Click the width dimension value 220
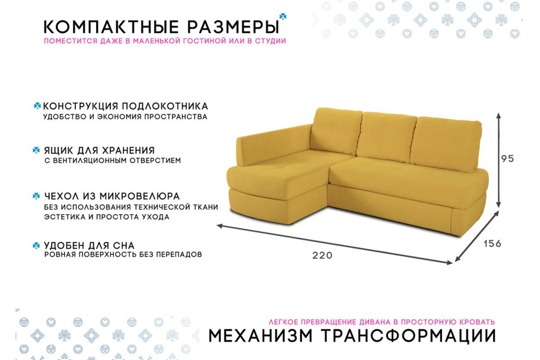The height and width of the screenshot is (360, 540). click(x=323, y=256)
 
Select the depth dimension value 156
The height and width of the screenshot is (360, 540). click(x=493, y=244)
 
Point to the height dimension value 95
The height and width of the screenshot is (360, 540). click(x=507, y=158)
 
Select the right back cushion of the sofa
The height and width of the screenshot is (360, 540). click(x=446, y=142)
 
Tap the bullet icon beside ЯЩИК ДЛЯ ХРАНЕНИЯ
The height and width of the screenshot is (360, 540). click(x=37, y=151)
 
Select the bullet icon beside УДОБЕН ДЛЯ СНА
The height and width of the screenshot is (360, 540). click(x=37, y=245)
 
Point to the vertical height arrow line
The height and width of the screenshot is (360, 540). click(x=500, y=158)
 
